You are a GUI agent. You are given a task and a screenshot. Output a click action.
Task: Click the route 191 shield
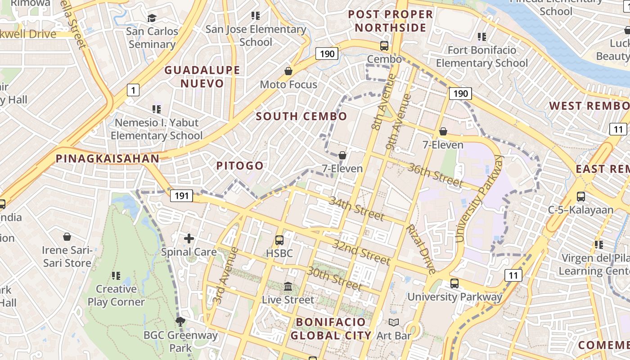182,196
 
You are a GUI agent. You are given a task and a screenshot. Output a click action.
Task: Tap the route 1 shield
133,90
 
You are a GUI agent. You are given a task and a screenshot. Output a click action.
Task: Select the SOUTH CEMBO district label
301,116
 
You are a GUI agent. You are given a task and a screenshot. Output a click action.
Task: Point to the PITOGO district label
240,166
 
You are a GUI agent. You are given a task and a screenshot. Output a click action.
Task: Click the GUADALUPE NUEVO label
202,76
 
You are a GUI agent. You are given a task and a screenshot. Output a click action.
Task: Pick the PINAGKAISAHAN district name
108,158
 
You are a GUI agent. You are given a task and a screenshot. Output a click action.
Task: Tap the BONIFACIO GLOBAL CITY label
331,328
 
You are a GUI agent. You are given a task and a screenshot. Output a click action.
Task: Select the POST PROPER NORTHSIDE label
391,21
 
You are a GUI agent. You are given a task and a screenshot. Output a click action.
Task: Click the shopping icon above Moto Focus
288,71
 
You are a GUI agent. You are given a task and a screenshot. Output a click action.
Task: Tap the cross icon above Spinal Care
189,238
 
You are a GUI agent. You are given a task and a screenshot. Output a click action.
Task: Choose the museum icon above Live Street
288,287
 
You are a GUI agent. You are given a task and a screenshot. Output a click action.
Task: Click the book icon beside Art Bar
394,323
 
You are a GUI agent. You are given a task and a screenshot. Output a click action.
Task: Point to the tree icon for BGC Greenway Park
180,321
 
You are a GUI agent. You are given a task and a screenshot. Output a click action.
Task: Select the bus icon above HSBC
279,240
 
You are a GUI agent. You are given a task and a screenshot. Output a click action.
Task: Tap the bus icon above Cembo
384,46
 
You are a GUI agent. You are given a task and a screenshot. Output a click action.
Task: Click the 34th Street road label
356,208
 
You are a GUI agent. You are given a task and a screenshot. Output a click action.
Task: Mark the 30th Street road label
334,278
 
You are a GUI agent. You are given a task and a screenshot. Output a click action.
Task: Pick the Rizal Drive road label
421,249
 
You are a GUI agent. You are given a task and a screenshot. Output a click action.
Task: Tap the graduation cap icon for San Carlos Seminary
152,18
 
